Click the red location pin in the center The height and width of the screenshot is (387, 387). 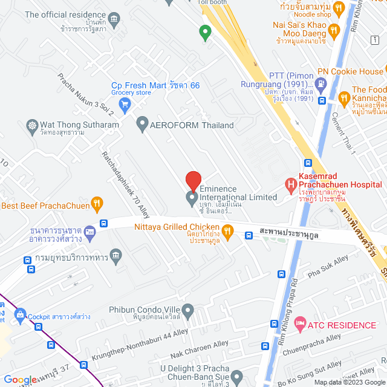193,181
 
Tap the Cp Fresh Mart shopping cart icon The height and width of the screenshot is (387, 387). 125,105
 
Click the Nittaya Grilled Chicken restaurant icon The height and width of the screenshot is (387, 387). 227,230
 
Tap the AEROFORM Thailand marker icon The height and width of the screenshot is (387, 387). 143,125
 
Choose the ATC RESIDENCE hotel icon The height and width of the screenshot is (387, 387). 299,325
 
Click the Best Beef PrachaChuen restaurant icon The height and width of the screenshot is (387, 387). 96,205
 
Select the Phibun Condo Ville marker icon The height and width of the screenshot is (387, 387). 187,311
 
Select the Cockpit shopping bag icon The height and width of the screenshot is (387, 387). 20,315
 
